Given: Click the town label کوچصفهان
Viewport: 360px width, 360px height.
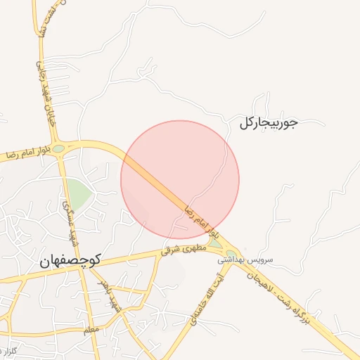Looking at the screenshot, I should click(71, 259).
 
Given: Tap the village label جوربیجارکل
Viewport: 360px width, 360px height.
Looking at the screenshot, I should click(268, 123).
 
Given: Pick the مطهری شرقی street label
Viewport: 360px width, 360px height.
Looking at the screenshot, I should click(181, 249).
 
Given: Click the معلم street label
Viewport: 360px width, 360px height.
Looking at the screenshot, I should click(91, 329).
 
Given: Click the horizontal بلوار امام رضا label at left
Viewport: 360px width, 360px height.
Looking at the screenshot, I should click(27, 153).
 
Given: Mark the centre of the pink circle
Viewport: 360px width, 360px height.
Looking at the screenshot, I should click(180, 179).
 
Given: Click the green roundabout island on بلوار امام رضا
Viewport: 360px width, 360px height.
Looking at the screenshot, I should click(58, 148).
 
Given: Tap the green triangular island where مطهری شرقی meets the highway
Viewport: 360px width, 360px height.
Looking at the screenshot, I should click(215, 243).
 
